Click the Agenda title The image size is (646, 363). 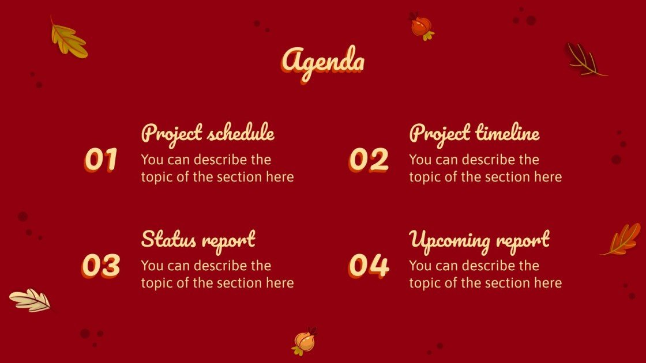(323, 61)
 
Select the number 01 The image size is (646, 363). (102, 160)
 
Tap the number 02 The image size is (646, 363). (369, 160)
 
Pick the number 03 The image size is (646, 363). (101, 266)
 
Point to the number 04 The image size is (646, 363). (369, 266)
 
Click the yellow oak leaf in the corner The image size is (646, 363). (69, 39)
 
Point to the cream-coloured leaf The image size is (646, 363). (31, 300)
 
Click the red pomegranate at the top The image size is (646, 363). (421, 27)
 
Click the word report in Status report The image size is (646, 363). (228, 240)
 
